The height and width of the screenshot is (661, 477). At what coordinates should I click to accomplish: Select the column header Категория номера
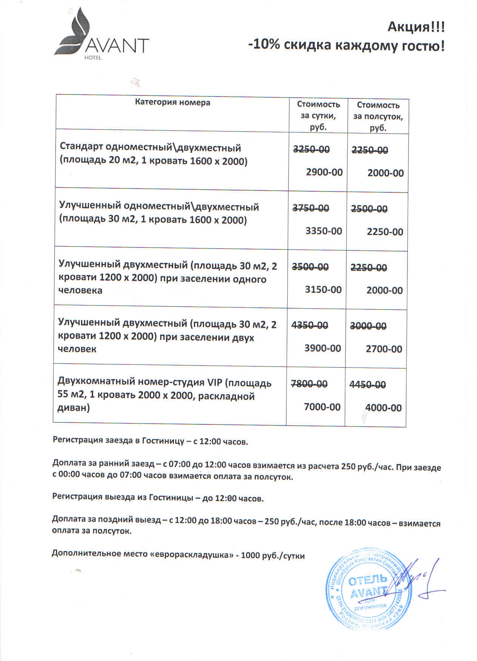pyautogui.click(x=172, y=102)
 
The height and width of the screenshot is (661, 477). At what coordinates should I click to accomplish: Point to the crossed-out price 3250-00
pyautogui.click(x=311, y=149)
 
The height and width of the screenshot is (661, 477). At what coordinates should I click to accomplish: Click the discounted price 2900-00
pyautogui.click(x=324, y=172)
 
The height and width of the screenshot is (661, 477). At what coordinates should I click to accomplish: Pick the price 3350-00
pyautogui.click(x=323, y=231)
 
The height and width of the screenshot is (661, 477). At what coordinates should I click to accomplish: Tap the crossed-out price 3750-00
pyautogui.click(x=311, y=208)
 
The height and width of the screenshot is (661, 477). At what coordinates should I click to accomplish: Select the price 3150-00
pyautogui.click(x=323, y=289)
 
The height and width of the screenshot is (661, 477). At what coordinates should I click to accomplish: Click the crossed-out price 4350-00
pyautogui.click(x=310, y=325)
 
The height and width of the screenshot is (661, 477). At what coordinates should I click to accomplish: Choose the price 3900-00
pyautogui.click(x=323, y=348)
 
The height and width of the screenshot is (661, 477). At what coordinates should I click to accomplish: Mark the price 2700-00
pyautogui.click(x=384, y=349)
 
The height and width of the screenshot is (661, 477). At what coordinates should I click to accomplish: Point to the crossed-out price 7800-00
pyautogui.click(x=309, y=384)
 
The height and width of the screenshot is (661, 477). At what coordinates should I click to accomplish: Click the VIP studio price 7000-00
pyautogui.click(x=322, y=407)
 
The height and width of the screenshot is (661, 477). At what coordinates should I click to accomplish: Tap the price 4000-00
pyautogui.click(x=383, y=407)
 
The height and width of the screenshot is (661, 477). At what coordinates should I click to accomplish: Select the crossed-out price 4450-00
pyautogui.click(x=368, y=384)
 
